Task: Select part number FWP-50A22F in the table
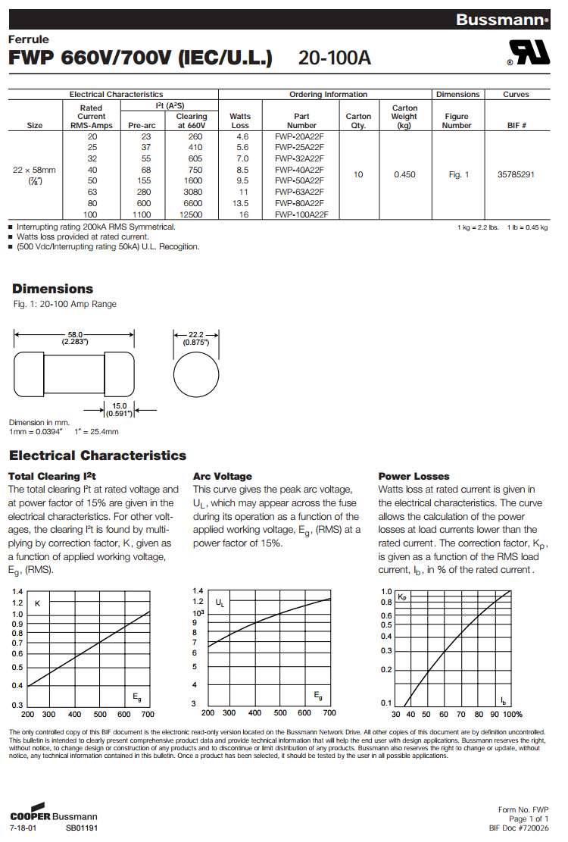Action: point(299,180)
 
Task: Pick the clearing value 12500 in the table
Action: point(192,214)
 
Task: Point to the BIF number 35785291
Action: point(516,175)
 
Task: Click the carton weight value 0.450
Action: point(404,175)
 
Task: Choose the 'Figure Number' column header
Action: point(457,121)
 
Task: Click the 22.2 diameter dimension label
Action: point(195,338)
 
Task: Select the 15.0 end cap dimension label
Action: point(119,410)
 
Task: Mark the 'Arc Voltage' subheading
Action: point(222,476)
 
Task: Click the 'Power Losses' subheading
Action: point(414,476)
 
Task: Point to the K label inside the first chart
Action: point(38,603)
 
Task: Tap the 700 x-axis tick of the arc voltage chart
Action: point(329,713)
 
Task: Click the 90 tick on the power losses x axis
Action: point(495,715)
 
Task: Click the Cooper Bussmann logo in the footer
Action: point(54,816)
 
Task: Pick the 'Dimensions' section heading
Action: point(53,289)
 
